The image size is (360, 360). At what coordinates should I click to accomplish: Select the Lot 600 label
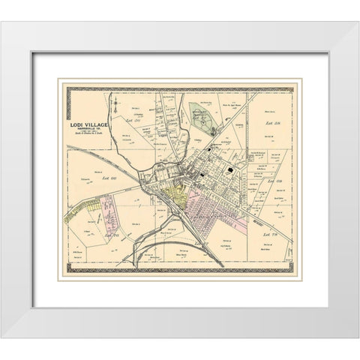[x=115, y=177]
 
